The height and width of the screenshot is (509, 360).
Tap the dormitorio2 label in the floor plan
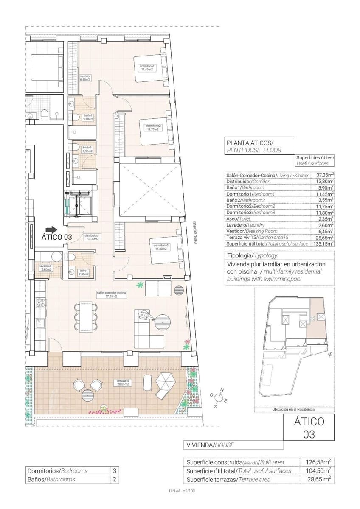pyautogui.click(x=153, y=128)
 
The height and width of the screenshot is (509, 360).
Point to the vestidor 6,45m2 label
pyautogui.click(x=85, y=78)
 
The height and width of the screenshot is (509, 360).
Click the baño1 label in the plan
pyautogui.click(x=88, y=117)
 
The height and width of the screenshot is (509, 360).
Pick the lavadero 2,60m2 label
pyautogui.click(x=45, y=268)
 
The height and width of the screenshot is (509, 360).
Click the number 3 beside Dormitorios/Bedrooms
pyautogui.click(x=113, y=470)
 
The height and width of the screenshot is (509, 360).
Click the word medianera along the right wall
pyautogui.click(x=195, y=233)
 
